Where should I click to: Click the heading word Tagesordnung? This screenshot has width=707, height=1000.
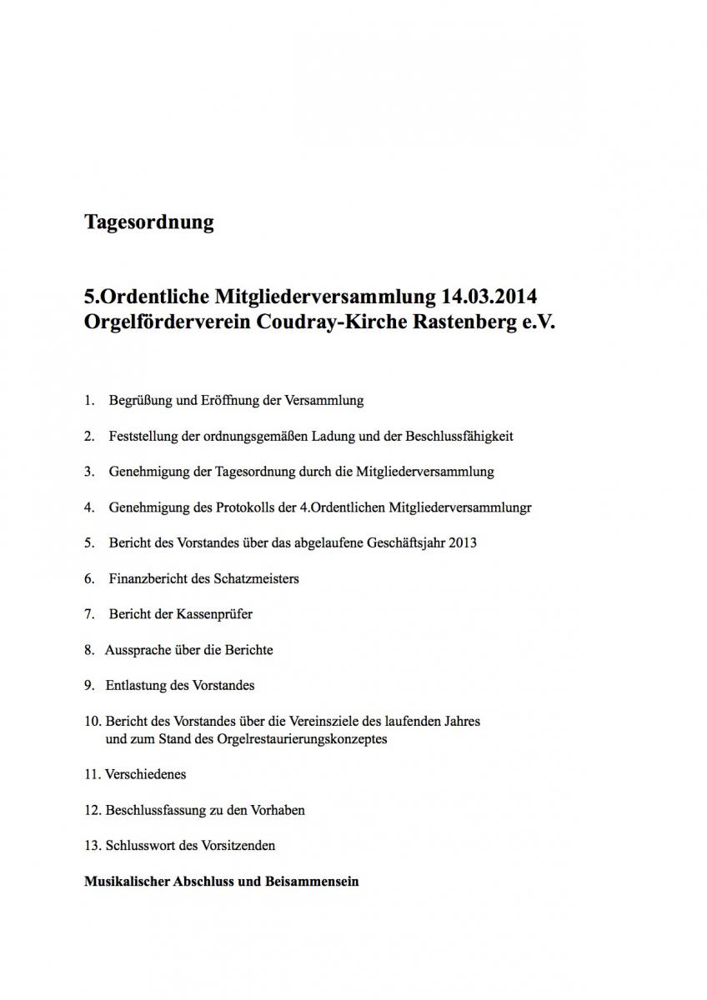coord(149,222)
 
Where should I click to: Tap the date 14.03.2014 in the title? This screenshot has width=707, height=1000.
coord(491,297)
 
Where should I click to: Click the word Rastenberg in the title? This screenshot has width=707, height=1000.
coord(464,322)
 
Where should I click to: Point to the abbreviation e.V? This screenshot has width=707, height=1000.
coord(538,322)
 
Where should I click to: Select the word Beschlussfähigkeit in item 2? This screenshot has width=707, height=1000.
coord(459,436)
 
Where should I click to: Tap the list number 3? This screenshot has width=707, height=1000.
coord(88,472)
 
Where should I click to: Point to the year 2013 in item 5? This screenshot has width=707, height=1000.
coord(462,542)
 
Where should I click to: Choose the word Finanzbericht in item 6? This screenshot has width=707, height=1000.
coord(148,578)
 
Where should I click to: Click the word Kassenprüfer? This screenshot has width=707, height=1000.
coord(214,614)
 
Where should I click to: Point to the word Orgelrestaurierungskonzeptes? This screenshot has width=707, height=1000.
coord(307,738)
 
